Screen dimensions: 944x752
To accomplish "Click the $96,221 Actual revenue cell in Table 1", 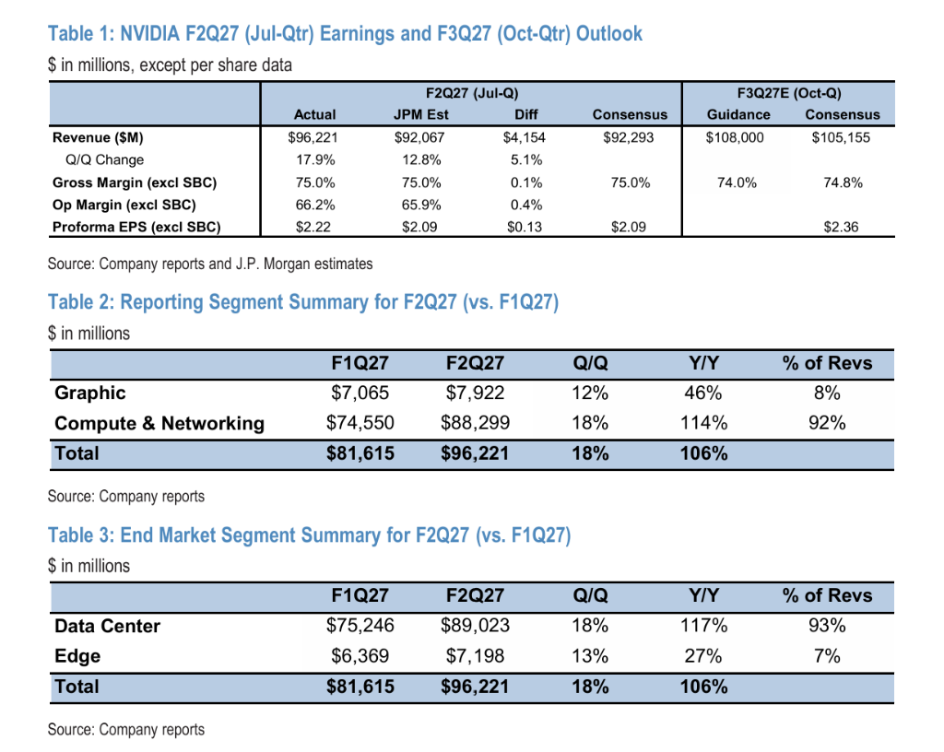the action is pyautogui.click(x=313, y=137).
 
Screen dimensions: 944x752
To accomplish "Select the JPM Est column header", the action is pyautogui.click(x=420, y=114).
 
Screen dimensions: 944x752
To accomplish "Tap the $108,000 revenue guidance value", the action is pyautogui.click(x=735, y=137).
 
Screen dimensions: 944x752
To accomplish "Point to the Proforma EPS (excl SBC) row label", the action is pyautogui.click(x=136, y=228).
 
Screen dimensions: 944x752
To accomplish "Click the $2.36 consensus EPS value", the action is pyautogui.click(x=841, y=228).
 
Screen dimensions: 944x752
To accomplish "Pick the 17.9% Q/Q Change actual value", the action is pyautogui.click(x=315, y=160).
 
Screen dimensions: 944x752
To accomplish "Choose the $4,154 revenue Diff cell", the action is pyautogui.click(x=525, y=137).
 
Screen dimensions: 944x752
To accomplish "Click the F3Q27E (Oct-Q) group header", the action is pyautogui.click(x=789, y=93).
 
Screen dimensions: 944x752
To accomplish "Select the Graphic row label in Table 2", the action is pyautogui.click(x=90, y=393).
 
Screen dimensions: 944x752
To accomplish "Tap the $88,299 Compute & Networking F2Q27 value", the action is pyautogui.click(x=475, y=423).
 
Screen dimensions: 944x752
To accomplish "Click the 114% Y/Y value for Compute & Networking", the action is pyautogui.click(x=703, y=423).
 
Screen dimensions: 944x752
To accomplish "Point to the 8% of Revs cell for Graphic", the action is pyautogui.click(x=827, y=393).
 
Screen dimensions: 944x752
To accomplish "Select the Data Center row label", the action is pyautogui.click(x=107, y=627).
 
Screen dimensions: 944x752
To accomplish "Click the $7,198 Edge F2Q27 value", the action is pyautogui.click(x=475, y=656).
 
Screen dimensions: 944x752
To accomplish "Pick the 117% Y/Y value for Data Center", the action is pyautogui.click(x=703, y=627).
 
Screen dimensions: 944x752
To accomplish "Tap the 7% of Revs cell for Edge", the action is pyautogui.click(x=827, y=656).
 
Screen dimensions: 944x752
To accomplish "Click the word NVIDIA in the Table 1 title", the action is pyautogui.click(x=150, y=34).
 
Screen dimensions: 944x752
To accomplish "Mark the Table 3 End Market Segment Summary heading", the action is pyautogui.click(x=310, y=535).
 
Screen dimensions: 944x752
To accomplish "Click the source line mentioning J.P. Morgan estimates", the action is pyautogui.click(x=210, y=264).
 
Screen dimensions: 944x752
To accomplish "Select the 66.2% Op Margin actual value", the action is pyautogui.click(x=315, y=206).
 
